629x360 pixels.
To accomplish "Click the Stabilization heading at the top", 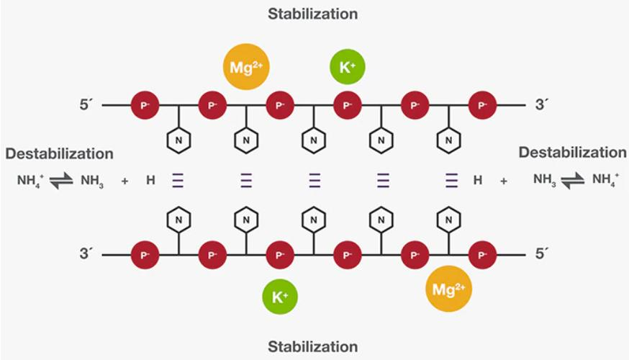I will [x=312, y=14].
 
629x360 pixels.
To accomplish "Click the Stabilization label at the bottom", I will [x=312, y=346].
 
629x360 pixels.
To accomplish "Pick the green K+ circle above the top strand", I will [x=348, y=68].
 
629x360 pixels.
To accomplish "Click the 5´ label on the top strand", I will [x=87, y=106].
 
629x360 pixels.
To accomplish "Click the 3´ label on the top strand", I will [x=542, y=106].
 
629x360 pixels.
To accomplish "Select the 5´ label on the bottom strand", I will [x=541, y=254].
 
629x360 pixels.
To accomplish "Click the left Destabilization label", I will [x=59, y=153].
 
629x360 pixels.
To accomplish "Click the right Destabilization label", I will [x=572, y=153].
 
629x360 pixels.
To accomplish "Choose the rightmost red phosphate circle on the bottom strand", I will [x=482, y=254].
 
